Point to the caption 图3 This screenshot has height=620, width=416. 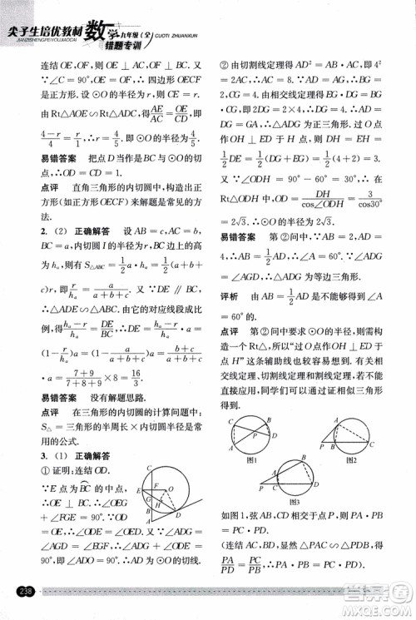tap(294, 503)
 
